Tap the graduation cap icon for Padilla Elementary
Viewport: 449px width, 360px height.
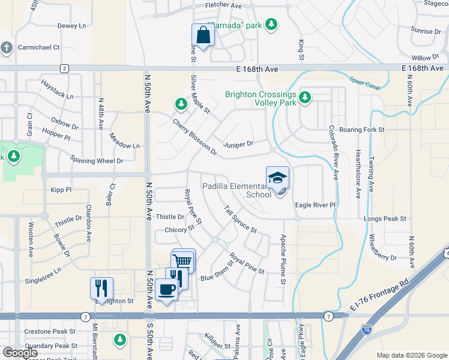pyautogui.click(x=277, y=178)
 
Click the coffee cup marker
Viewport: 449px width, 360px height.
pyautogui.click(x=166, y=290)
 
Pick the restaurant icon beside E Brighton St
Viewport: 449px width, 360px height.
pyautogui.click(x=101, y=288)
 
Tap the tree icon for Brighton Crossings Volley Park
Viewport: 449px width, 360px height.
pyautogui.click(x=305, y=97)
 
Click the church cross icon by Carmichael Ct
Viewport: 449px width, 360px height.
pyautogui.click(x=6, y=47)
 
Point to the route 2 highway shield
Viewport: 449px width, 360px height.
pyautogui.click(x=64, y=68)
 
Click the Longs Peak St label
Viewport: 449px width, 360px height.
pyautogui.click(x=385, y=218)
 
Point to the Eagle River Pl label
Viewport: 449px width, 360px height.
pyautogui.click(x=315, y=205)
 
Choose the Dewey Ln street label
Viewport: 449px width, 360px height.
pyautogui.click(x=71, y=26)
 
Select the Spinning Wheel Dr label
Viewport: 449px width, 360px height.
pyautogui.click(x=96, y=160)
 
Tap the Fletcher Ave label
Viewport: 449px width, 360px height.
pyautogui.click(x=223, y=5)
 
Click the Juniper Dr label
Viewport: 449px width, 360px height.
pyautogui.click(x=238, y=143)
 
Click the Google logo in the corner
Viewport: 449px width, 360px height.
pyautogui.click(x=20, y=353)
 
